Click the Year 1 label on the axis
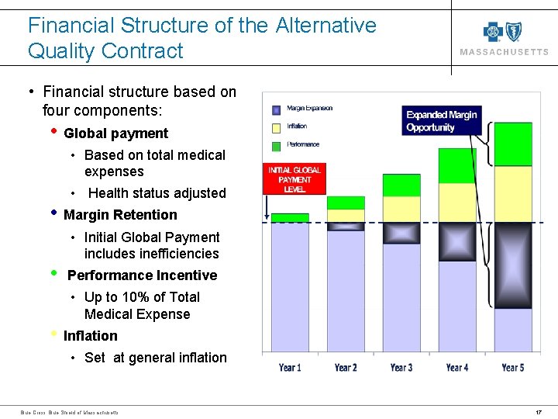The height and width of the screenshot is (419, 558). point(290,367)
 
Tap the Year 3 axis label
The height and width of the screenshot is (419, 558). point(401,367)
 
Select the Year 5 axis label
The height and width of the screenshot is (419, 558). point(513,367)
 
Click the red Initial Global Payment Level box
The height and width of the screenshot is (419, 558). point(294,179)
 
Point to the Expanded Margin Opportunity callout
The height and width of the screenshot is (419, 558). point(442,121)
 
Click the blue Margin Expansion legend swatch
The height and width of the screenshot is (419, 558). point(274,109)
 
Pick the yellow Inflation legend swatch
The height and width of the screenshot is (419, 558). point(274,126)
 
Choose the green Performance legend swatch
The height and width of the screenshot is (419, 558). point(274,144)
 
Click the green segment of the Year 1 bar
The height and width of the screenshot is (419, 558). point(290,218)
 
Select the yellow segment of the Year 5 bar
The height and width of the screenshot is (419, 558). point(513,195)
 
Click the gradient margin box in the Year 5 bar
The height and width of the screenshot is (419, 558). point(513,265)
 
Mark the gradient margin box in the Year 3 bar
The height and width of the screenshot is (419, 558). point(401,233)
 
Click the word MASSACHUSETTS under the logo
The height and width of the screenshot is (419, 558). point(505,53)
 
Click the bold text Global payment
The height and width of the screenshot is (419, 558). point(115,133)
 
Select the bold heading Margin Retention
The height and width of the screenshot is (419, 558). point(120,215)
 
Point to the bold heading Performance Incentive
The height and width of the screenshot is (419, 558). point(142,275)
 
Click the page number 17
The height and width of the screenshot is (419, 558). point(539,411)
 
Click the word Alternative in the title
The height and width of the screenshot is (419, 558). point(325,26)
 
